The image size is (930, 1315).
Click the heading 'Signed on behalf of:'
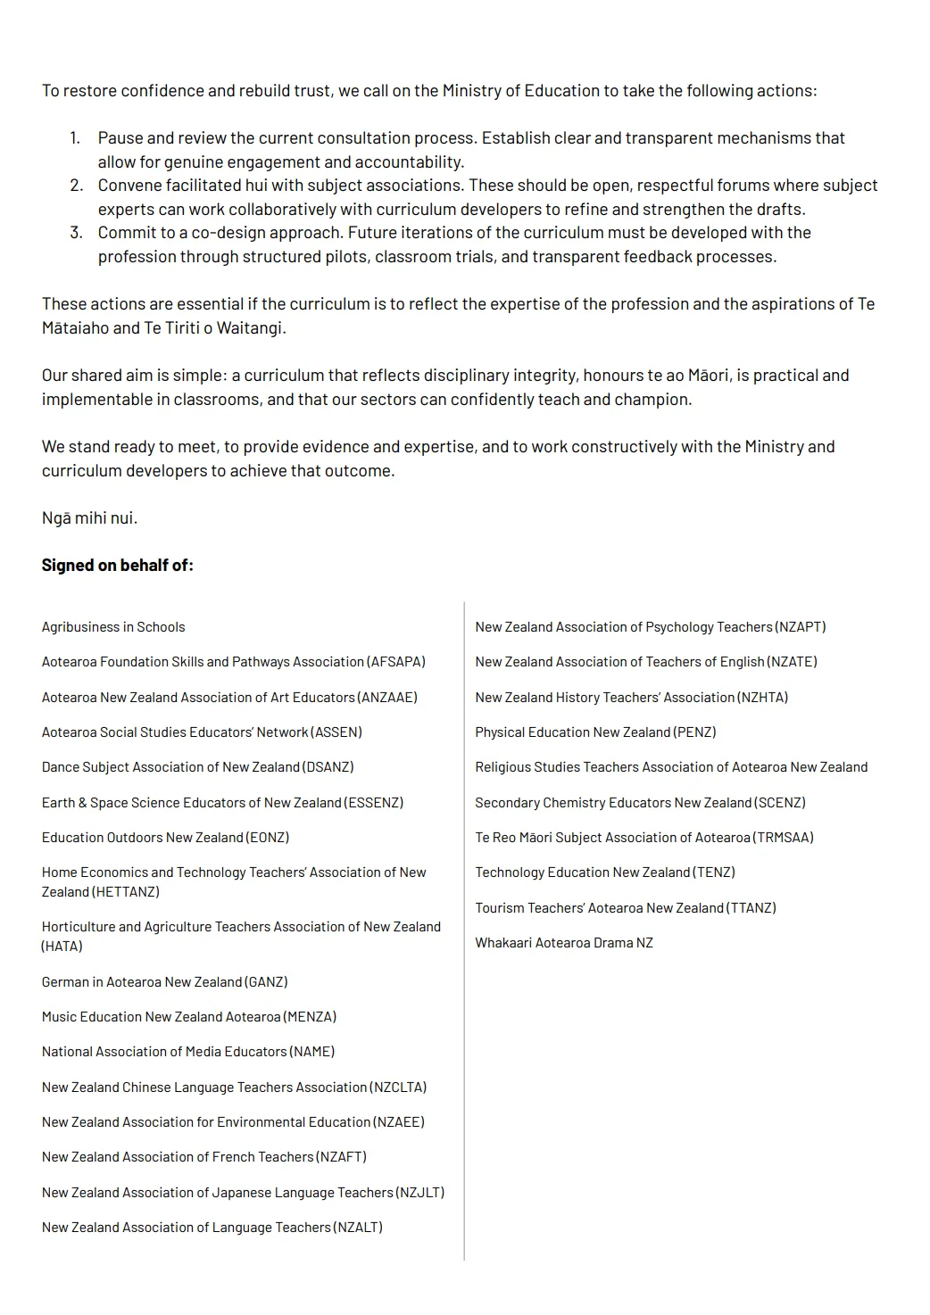[x=117, y=566]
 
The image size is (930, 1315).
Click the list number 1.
[x=75, y=138]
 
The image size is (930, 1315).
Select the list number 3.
[x=76, y=233]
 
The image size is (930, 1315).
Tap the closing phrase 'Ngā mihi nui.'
[x=89, y=518]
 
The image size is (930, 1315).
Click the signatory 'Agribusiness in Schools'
[x=113, y=627]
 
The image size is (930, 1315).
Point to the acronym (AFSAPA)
[x=395, y=662]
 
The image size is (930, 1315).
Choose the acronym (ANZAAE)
[x=387, y=698]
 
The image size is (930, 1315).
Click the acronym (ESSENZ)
[x=374, y=803]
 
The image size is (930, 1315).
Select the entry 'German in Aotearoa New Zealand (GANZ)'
[x=164, y=982]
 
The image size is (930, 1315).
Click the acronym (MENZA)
[x=310, y=1017]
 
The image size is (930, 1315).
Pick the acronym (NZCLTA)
[x=398, y=1088]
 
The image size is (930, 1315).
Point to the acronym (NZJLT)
[x=419, y=1193]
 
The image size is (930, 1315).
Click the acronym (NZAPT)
[x=801, y=627]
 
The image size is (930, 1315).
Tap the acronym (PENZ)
[x=694, y=732]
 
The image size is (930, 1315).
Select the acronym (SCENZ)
[x=780, y=803]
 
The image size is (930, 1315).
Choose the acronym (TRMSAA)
[x=784, y=838]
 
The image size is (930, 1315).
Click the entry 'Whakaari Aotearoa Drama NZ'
[x=564, y=943]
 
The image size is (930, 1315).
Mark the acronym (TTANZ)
[x=751, y=908]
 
